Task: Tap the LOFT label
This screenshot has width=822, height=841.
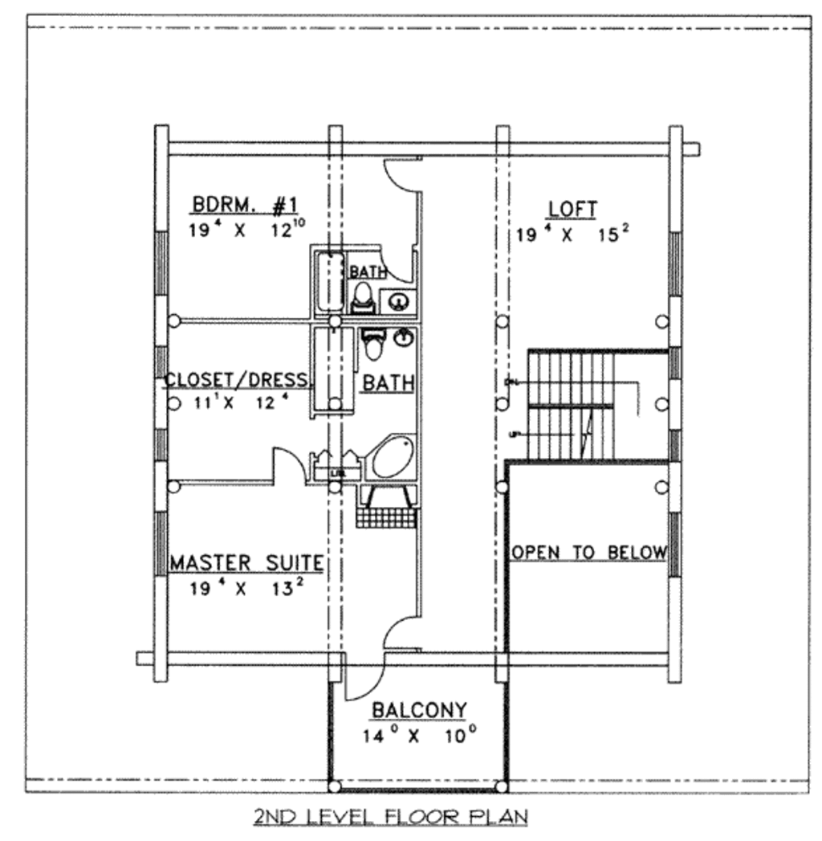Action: pos(572,209)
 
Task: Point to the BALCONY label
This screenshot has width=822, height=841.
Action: pos(419,710)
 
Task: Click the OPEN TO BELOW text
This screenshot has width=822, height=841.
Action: pos(589,553)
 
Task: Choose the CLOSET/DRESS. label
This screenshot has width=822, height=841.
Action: pos(237,380)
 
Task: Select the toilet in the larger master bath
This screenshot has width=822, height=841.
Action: pos(373,345)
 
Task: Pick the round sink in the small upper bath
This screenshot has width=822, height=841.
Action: pos(397,302)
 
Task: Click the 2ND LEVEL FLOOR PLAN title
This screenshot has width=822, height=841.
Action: pos(391,818)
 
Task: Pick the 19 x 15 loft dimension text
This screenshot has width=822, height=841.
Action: pos(572,235)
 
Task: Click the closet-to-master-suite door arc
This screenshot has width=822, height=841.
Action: pos(287,463)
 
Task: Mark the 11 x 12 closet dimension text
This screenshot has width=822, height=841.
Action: pos(237,402)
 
